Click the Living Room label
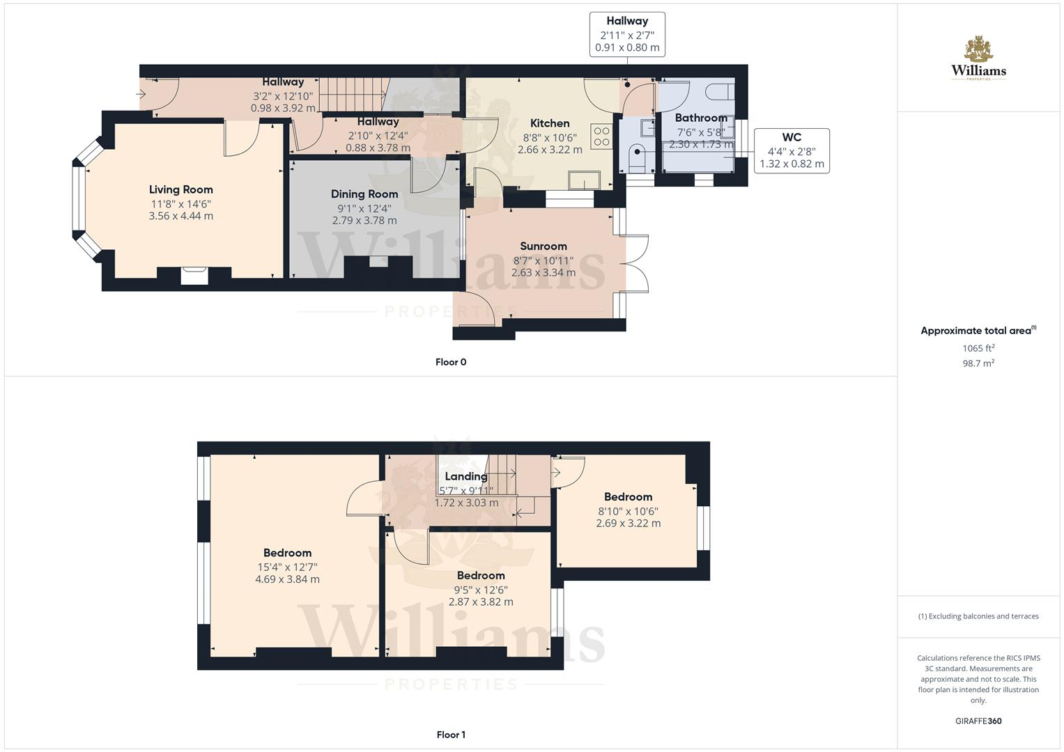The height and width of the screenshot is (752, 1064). click(x=180, y=189)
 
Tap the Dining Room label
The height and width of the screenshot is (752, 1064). click(x=364, y=194)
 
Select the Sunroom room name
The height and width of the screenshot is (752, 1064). click(x=543, y=246)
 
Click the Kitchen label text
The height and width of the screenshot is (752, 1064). click(x=550, y=123)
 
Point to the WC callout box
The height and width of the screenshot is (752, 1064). click(x=792, y=150)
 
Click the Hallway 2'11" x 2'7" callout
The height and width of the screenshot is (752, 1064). click(x=627, y=34)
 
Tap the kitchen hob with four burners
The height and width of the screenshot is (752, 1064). click(x=601, y=136)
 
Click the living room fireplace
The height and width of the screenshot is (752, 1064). click(x=194, y=276)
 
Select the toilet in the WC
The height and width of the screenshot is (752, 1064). click(x=637, y=157)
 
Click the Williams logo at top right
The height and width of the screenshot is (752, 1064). click(x=978, y=58)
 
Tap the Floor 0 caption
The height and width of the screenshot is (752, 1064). click(x=451, y=362)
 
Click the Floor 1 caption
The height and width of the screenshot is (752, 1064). click(x=451, y=735)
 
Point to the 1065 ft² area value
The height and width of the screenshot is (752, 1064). click(x=978, y=348)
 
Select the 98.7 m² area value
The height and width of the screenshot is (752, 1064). click(x=978, y=363)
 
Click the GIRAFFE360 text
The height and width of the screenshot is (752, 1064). click(x=978, y=721)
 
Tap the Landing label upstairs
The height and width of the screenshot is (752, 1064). click(x=466, y=476)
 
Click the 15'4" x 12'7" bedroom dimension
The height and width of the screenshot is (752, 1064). click(x=287, y=567)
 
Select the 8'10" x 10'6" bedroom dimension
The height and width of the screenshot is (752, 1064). click(x=628, y=511)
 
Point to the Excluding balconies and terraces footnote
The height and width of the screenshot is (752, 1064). click(x=978, y=616)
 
